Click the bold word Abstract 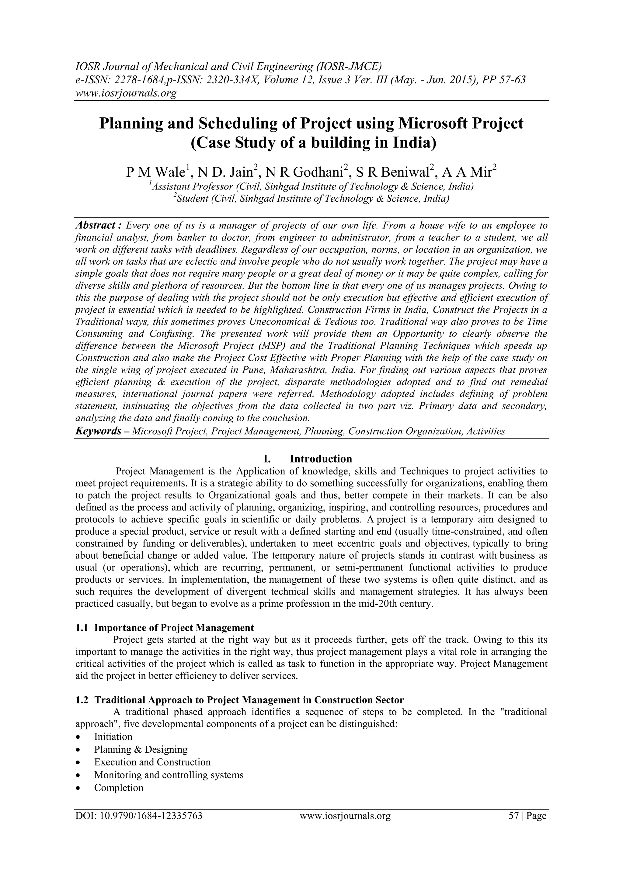98,225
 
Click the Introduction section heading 321,459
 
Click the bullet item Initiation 113,736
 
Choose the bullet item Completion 119,788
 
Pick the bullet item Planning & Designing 141,749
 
